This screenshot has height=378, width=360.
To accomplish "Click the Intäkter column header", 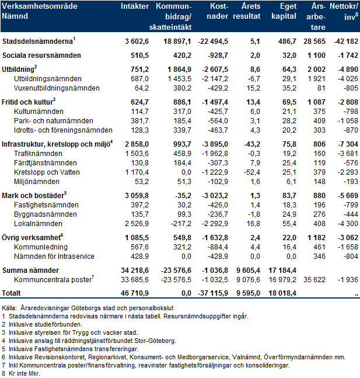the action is [x=135, y=6].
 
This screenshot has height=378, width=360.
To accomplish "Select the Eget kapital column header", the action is [x=284, y=11].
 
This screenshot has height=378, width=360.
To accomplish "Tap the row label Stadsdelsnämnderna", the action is [x=37, y=41].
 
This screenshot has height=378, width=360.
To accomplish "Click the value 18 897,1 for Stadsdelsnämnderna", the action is [x=177, y=41].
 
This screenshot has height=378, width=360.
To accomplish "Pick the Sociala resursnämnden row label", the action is [x=41, y=56].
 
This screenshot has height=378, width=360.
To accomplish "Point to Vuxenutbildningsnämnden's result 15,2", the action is [x=253, y=88].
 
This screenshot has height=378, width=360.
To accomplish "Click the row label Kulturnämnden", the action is [x=39, y=112].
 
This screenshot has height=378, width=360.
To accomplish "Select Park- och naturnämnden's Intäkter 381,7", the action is [x=139, y=121].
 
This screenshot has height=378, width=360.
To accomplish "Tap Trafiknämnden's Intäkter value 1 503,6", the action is [x=137, y=154].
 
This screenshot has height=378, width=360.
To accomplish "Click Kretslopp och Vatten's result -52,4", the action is [x=252, y=172].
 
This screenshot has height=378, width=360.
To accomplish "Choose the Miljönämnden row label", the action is [x=37, y=182].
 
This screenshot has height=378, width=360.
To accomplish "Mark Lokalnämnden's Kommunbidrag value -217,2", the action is [x=181, y=224].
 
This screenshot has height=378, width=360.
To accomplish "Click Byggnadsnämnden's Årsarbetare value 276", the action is [x=319, y=214].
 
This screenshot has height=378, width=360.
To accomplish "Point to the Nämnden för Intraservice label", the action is [x=54, y=256].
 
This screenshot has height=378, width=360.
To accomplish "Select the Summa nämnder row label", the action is [x=30, y=271].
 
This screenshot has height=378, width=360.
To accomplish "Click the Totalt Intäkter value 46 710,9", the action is [x=135, y=293].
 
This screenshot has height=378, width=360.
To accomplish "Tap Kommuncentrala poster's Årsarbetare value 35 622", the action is [x=314, y=280].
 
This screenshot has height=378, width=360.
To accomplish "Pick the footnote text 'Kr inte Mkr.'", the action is [x=25, y=374].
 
